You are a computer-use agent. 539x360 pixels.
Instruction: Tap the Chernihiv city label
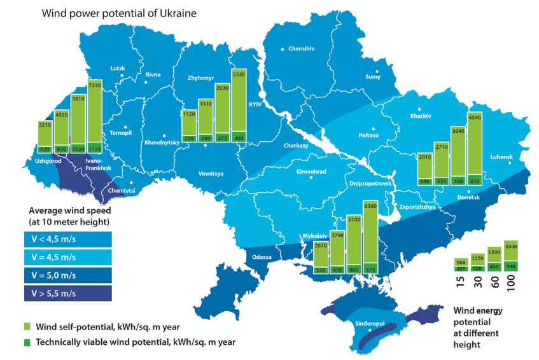pos(302,48)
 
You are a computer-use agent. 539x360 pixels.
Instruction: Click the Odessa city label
pos(262,257)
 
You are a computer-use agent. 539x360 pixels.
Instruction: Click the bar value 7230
pos(94,85)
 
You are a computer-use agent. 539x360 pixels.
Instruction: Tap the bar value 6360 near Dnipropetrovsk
pos(370,206)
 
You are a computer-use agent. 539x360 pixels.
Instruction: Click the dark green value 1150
pos(94,148)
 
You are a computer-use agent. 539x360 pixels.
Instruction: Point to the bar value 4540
pos(475,117)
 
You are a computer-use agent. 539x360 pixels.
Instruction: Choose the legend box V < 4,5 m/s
pos(71,239)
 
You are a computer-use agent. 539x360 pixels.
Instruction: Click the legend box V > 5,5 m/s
pos(71,293)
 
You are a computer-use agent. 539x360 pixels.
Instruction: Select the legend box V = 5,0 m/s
pos(71,275)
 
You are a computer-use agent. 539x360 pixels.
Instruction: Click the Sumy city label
pos(372,77)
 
